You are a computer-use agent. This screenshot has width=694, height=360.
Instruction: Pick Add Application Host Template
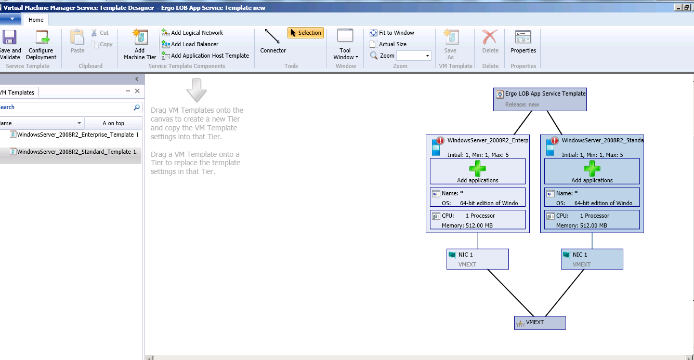click(205, 56)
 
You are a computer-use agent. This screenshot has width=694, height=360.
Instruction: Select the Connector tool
click(273, 42)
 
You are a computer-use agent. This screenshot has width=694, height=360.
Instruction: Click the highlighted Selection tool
click(305, 33)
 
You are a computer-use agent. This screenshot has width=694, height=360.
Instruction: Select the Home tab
click(36, 20)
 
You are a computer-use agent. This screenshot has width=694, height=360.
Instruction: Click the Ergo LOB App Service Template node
click(540, 99)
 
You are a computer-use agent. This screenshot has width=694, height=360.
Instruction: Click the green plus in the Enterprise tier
click(477, 168)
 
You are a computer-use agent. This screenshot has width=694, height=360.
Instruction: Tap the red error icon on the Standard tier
click(555, 140)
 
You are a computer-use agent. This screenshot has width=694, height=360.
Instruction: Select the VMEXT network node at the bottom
click(540, 323)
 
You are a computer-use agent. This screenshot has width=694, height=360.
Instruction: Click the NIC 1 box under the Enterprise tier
click(477, 259)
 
